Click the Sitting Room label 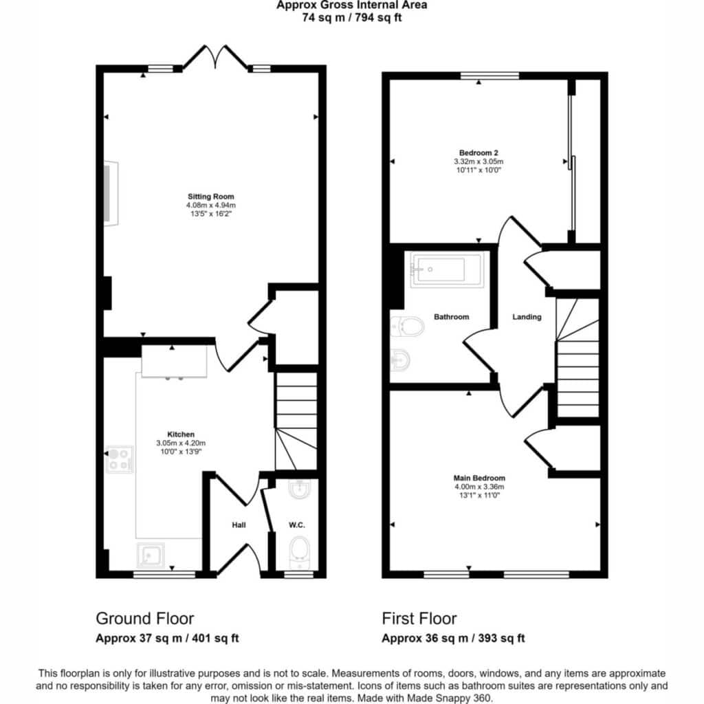pyautogui.click(x=210, y=196)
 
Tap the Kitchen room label pyautogui.click(x=181, y=434)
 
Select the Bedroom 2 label pyautogui.click(x=478, y=153)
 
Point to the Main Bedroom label pyautogui.click(x=479, y=478)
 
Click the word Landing pyautogui.click(x=527, y=316)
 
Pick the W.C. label pyautogui.click(x=297, y=525)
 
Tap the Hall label pyautogui.click(x=239, y=525)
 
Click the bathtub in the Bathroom pyautogui.click(x=447, y=269)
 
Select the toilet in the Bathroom pyautogui.click(x=407, y=327)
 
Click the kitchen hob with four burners pyautogui.click(x=120, y=459)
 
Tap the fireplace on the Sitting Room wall pyautogui.click(x=111, y=193)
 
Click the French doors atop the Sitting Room pyautogui.click(x=217, y=58)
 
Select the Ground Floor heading pyautogui.click(x=144, y=619)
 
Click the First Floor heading pyautogui.click(x=419, y=619)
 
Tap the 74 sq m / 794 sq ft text pyautogui.click(x=352, y=18)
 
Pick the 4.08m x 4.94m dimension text pyautogui.click(x=210, y=205)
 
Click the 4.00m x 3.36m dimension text pyautogui.click(x=479, y=487)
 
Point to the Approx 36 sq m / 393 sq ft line pyautogui.click(x=453, y=638)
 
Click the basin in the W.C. pyautogui.click(x=299, y=489)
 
